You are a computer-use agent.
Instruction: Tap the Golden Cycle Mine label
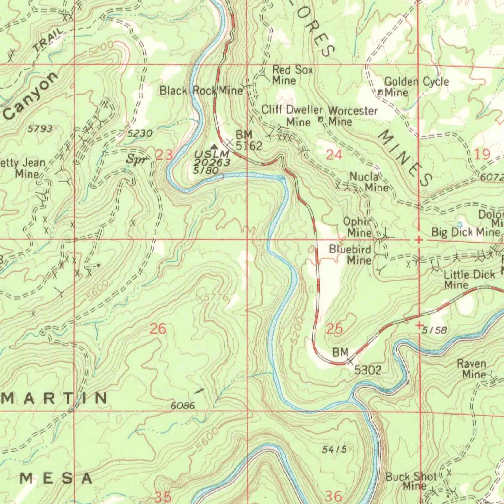[x=416, y=87]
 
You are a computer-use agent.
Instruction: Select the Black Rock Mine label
[x=201, y=90]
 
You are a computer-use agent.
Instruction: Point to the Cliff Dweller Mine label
[x=292, y=115]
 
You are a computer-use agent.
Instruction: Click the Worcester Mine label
[x=352, y=116]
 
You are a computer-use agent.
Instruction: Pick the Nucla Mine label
[x=369, y=182]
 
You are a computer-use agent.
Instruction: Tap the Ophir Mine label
[x=357, y=227]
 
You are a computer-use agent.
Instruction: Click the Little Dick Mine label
[x=469, y=280]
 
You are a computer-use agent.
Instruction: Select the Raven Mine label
[x=472, y=369]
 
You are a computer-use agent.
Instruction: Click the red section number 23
[x=164, y=156]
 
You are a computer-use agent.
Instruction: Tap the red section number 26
[x=158, y=329]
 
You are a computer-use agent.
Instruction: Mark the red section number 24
[x=334, y=155]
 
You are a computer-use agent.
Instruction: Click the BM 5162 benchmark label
[x=248, y=140]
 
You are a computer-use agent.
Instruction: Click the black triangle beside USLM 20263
[x=214, y=147]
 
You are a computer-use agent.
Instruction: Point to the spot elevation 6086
[x=183, y=406]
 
